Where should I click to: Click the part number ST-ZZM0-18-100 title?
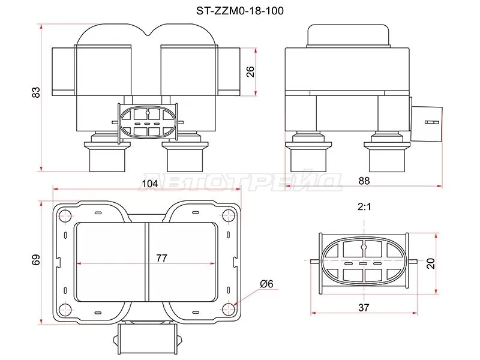(241, 10)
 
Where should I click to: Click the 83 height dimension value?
(36, 92)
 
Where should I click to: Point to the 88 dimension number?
(364, 180)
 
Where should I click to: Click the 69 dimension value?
(36, 259)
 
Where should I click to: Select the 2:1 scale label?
(364, 207)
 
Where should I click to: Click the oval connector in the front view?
(146, 121)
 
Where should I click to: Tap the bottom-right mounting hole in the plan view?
(229, 309)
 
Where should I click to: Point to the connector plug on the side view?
(428, 121)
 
